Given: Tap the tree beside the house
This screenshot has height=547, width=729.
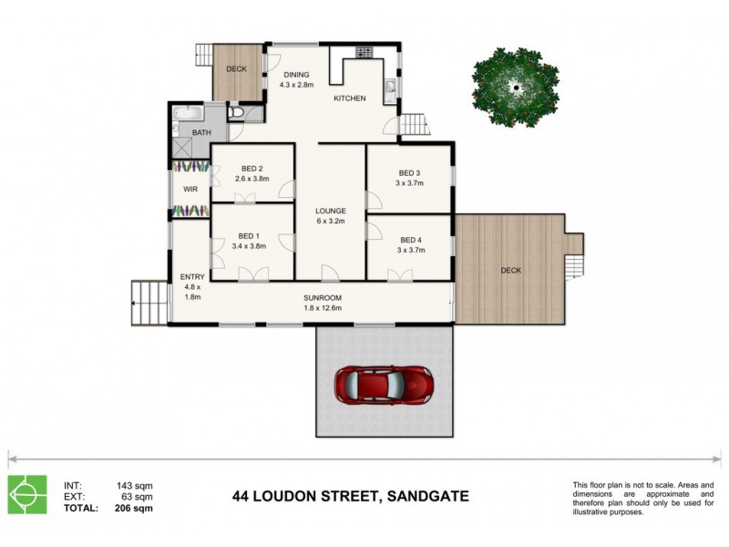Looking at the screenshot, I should coord(515,88).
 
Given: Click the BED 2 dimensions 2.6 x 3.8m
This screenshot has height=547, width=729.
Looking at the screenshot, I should coord(252,179).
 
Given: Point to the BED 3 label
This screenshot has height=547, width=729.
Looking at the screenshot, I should coord(409,172).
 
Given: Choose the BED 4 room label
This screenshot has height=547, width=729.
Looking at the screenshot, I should coord(409,241).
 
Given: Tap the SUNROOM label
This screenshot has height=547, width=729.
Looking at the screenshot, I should coord(322,297).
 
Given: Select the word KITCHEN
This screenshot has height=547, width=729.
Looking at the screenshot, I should coord(349,98).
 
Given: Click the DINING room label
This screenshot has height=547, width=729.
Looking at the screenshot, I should coord(296,75).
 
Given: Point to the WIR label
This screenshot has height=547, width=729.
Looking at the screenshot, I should coord(190,190).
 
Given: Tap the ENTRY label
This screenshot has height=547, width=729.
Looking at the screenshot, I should coord(192,277).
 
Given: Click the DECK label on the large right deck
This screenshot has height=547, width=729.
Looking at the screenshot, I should coord(510,270).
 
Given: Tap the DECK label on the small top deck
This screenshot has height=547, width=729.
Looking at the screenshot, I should coord(237,68).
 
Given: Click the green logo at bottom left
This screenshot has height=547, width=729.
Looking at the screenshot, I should coord(27,495).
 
